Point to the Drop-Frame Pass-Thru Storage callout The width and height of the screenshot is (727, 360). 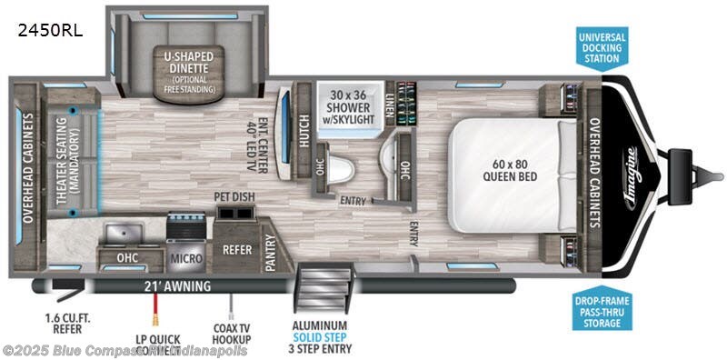[x=601, y=310]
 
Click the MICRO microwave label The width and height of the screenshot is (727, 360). [x=185, y=258]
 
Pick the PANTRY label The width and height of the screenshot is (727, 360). [x=270, y=248]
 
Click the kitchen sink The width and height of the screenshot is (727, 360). [x=125, y=235]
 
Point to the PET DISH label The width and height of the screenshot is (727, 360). [x=233, y=195]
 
